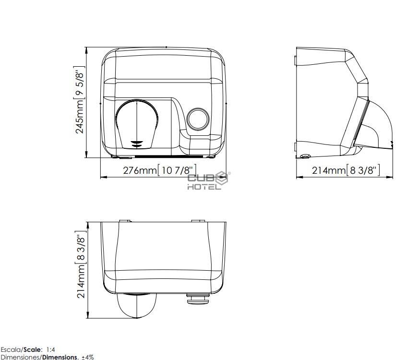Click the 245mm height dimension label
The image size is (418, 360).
[x=80, y=100]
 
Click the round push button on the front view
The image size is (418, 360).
[x=198, y=119]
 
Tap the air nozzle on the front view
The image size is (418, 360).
[x=136, y=123]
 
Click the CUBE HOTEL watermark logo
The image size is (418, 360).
[x=208, y=181]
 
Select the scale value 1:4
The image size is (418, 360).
[x=50, y=349]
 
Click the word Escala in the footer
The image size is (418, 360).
[x=10, y=349]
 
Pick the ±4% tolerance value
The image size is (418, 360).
[x=88, y=357]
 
